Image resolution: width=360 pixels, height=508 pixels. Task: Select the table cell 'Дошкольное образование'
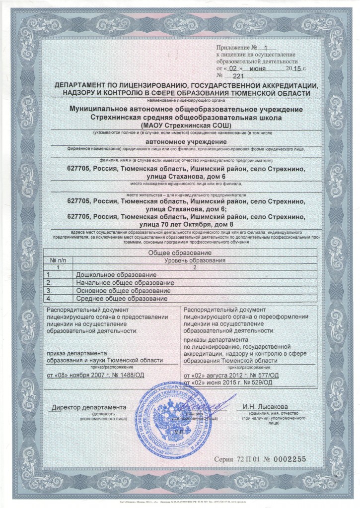pyautogui.click(x=116, y=274)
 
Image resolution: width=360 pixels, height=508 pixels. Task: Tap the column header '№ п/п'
pyautogui.click(x=59, y=260)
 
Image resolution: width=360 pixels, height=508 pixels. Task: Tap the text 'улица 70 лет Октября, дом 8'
pyautogui.click(x=179, y=226)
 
